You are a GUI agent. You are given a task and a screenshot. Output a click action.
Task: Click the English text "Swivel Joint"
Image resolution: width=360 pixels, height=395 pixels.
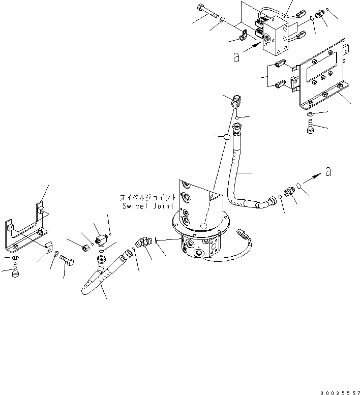(148, 206)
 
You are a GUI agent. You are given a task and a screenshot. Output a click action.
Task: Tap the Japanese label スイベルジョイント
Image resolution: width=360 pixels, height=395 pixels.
(148, 198)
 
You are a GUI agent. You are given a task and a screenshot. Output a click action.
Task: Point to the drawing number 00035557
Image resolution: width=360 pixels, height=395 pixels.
(339, 391)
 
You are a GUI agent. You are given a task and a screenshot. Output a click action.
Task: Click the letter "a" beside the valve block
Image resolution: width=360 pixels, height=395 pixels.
(235, 57)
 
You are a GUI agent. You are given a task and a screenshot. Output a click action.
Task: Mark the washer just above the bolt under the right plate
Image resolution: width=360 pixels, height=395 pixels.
(310, 114)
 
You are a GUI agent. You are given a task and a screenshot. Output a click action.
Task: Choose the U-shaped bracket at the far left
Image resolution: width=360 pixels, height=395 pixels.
(28, 229)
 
